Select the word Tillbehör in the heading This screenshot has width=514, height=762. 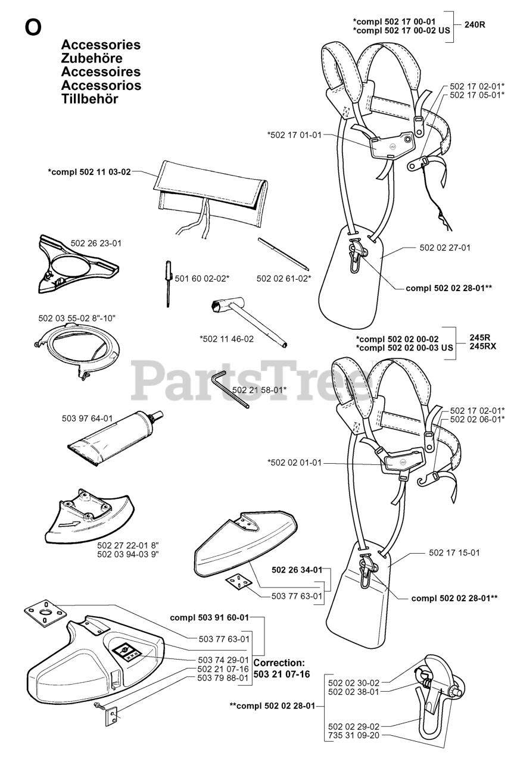(x=89, y=99)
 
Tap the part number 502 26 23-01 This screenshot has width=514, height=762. (x=96, y=243)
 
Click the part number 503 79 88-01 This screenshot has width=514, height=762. (x=223, y=677)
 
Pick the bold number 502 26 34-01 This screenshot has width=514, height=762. (x=297, y=570)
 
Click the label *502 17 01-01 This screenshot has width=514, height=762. (x=294, y=135)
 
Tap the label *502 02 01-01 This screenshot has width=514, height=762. (x=294, y=462)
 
